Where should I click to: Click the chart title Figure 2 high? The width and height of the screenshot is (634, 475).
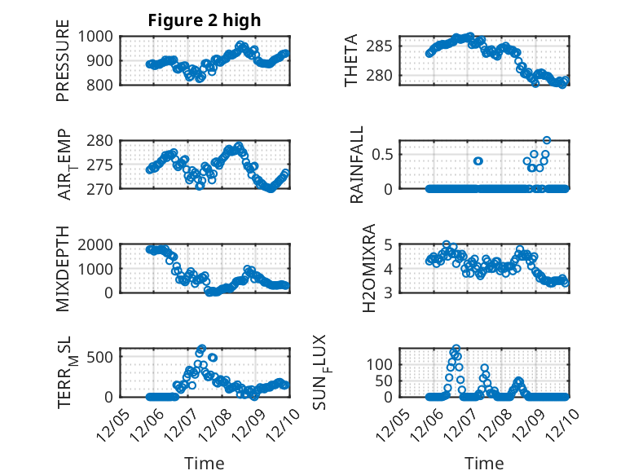click(x=205, y=21)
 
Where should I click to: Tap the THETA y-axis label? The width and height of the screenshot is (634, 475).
click(x=351, y=60)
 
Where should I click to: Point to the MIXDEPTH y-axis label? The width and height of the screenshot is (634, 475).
click(x=64, y=268)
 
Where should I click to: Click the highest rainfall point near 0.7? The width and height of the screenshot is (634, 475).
click(x=547, y=140)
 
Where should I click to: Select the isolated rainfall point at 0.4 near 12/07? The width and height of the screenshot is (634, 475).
click(x=478, y=161)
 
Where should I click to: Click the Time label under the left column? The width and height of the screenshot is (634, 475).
click(x=205, y=463)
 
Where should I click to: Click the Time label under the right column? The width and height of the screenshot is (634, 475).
click(x=484, y=463)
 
